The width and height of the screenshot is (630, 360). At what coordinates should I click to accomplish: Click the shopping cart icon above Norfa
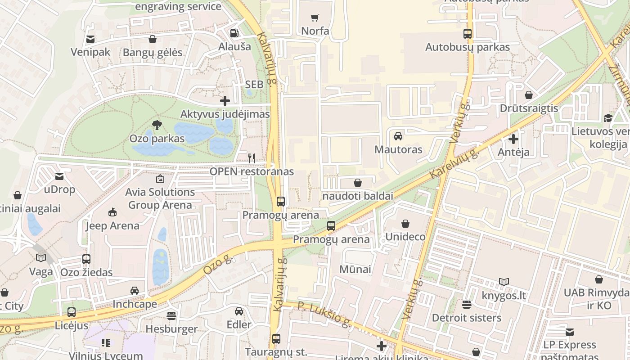tap(315, 18)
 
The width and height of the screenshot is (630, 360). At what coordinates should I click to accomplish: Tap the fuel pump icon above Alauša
tap(234, 33)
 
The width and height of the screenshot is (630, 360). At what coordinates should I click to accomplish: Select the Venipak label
tap(90, 52)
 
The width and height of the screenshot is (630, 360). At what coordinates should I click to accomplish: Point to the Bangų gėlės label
tap(153, 53)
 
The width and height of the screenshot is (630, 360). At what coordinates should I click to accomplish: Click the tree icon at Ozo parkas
tap(157, 125)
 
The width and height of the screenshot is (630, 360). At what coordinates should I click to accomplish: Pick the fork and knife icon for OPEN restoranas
tap(252, 158)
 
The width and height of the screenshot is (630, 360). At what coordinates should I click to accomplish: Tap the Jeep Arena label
tap(112, 226)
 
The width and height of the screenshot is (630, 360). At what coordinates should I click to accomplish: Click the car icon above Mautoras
tap(398, 136)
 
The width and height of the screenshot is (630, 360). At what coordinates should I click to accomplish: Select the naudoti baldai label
tap(358, 196)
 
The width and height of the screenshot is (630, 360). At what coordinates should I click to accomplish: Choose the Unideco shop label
tap(405, 237)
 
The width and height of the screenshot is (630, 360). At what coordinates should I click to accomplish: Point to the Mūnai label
tap(355, 270)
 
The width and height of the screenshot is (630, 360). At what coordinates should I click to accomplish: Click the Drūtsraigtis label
tap(529, 108)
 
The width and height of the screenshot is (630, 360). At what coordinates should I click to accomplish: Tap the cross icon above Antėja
tap(513, 139)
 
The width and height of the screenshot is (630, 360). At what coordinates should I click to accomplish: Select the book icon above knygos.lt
tap(504, 282)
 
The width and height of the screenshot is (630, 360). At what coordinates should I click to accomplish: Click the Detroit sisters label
tap(466, 318)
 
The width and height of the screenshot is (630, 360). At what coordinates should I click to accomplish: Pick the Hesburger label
tap(171, 329)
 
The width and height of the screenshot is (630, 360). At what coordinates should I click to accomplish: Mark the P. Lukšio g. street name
tap(324, 315)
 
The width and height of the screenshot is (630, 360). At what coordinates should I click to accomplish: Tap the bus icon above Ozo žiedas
tap(86, 259)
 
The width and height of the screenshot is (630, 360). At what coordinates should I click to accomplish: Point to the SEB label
tap(254, 85)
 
